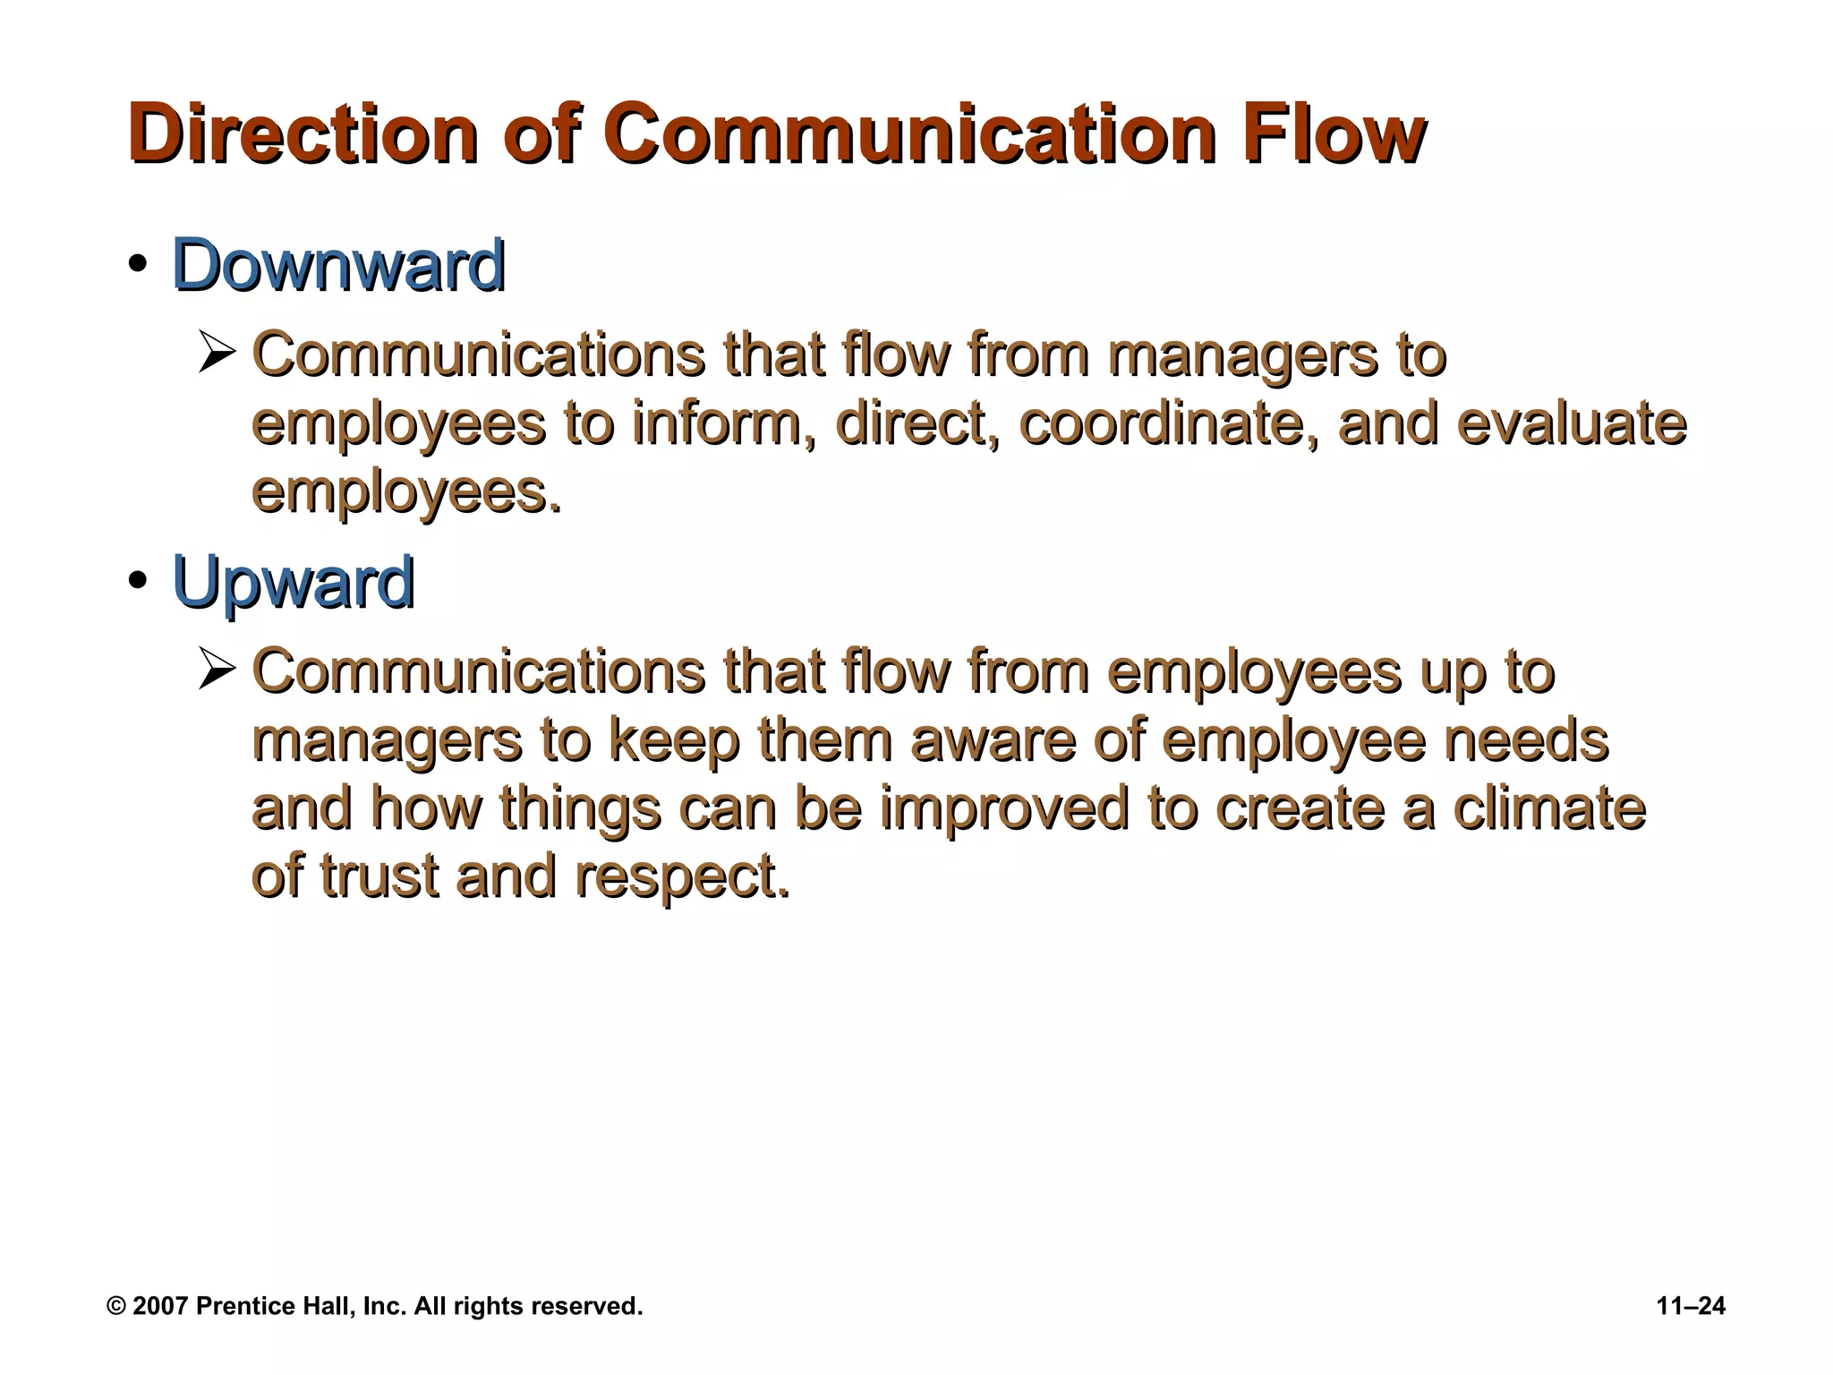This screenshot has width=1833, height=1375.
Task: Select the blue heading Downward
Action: pyautogui.click(x=338, y=266)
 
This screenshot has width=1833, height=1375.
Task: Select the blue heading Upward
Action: pyautogui.click(x=293, y=583)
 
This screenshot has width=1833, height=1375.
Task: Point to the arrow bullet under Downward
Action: pyautogui.click(x=217, y=353)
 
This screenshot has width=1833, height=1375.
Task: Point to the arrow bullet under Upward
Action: pyautogui.click(x=217, y=670)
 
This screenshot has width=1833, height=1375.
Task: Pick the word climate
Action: pyautogui.click(x=1548, y=807)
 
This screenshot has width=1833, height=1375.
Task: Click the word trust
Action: pyautogui.click(x=379, y=875)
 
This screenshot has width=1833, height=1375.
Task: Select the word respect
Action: pyautogui.click(x=682, y=877)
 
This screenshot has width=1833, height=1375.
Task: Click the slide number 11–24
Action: pyautogui.click(x=1691, y=1306)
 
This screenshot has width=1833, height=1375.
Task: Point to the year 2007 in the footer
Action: pyautogui.click(x=161, y=1306)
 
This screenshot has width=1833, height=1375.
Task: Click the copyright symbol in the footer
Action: pyautogui.click(x=116, y=1306)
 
